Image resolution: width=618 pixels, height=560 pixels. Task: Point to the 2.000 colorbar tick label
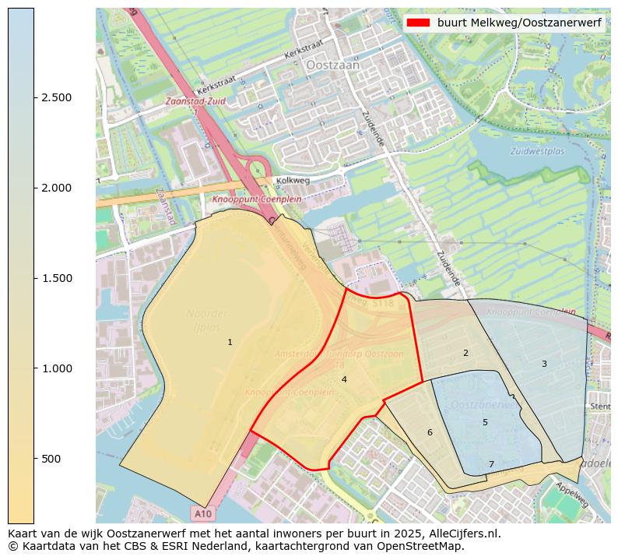57,188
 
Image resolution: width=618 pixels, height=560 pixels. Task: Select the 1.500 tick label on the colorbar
57,278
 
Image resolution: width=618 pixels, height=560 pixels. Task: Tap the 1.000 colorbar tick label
57,368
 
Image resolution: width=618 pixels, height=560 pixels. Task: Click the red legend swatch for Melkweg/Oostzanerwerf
418,23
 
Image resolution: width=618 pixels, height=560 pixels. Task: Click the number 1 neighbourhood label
230,342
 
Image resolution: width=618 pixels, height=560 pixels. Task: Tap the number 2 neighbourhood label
465,353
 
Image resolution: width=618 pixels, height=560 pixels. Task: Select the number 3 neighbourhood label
544,364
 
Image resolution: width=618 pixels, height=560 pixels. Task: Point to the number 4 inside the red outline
343,379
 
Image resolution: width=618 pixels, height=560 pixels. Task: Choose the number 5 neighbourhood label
485,422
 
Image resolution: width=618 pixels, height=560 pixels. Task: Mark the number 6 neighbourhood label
429,432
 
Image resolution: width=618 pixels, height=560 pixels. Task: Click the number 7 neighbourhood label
491,464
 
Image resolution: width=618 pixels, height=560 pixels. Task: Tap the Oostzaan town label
333,66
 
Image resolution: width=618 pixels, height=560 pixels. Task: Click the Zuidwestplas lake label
537,151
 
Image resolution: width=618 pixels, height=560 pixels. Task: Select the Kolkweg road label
293,181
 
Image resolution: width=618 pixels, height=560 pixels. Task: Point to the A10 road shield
202,514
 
